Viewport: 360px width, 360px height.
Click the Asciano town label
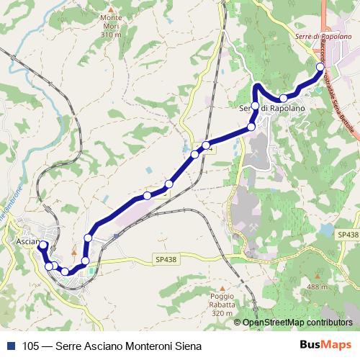27,243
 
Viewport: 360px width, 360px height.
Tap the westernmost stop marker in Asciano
42,246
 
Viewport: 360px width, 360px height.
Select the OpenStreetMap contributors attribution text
297,323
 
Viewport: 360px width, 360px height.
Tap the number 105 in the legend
30,345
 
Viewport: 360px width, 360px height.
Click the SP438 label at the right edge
346,235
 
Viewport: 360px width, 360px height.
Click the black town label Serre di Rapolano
272,108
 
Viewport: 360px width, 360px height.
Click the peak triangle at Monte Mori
110,11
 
